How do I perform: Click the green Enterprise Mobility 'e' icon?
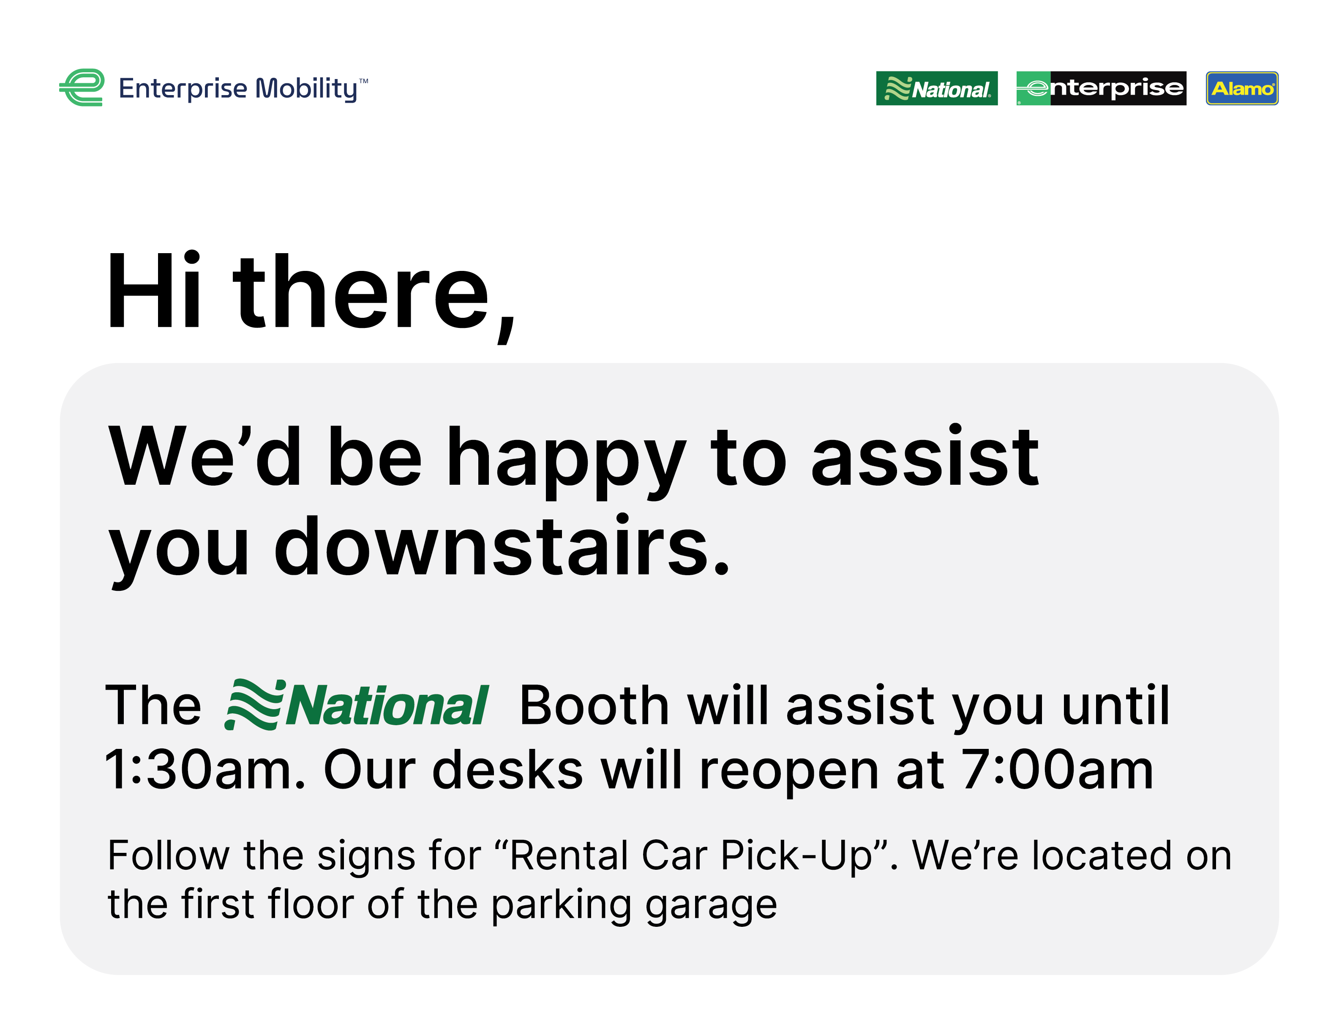click(82, 87)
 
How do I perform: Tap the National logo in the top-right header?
click(937, 88)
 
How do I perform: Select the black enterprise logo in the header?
click(1101, 88)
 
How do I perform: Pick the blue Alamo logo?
click(1242, 88)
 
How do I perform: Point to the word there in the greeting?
click(375, 294)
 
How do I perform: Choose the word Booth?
click(594, 705)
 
